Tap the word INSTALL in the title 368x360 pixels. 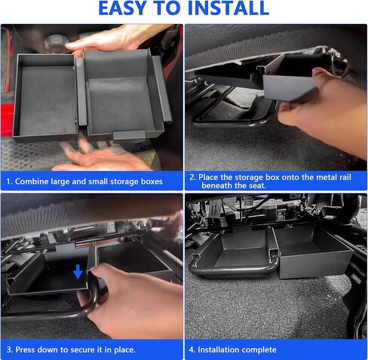point(228,8)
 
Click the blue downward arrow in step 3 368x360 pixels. point(78,272)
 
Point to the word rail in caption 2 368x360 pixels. point(345,177)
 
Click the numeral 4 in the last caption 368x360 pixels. point(192,349)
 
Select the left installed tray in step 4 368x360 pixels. point(232,251)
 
